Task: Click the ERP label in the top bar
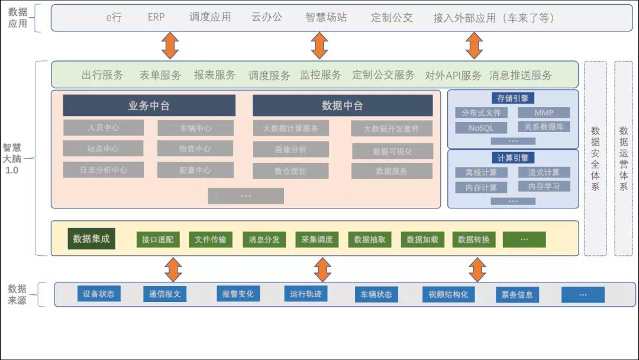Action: (156, 17)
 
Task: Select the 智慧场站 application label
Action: (327, 17)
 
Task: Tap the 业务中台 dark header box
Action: (149, 105)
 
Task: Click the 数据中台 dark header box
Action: (342, 105)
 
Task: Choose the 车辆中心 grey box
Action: (195, 128)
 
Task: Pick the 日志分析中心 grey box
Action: (104, 170)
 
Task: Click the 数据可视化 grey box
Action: (392, 152)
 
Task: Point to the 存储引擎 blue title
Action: (512, 98)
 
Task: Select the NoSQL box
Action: (481, 128)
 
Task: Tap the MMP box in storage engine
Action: (544, 112)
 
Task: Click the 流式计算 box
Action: (544, 172)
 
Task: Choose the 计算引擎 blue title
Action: (512, 157)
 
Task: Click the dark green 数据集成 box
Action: (91, 239)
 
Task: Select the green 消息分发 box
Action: (264, 240)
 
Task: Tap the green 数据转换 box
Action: (474, 240)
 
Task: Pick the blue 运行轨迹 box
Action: (305, 294)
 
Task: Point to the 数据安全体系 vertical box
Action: (595, 158)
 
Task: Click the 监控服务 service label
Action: (321, 75)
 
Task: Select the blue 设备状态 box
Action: (99, 294)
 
